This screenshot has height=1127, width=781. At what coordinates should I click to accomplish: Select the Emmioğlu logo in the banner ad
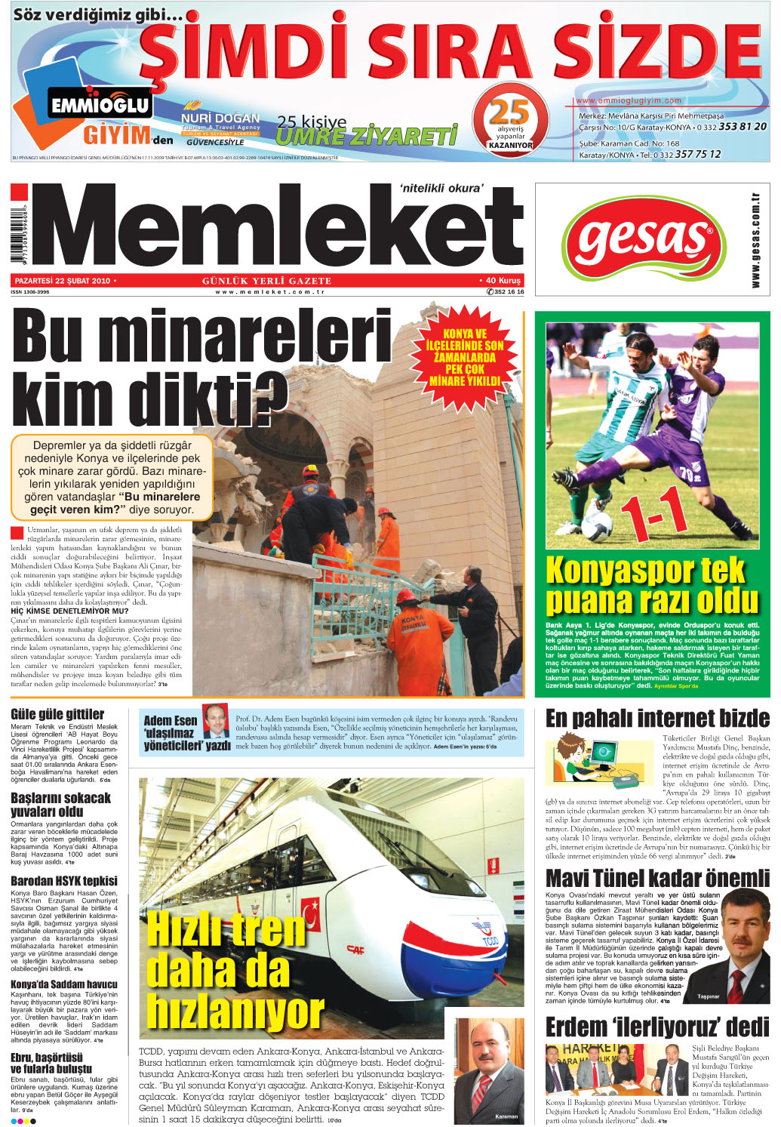(x=100, y=105)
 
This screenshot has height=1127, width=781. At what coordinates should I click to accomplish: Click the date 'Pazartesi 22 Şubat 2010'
(x=63, y=281)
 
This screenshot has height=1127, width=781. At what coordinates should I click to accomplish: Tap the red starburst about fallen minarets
(x=465, y=358)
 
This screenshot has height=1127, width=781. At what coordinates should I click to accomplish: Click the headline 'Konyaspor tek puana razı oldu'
(x=651, y=586)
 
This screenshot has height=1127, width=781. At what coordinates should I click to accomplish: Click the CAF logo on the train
(x=355, y=948)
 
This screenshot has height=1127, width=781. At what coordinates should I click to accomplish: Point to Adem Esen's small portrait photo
(x=216, y=722)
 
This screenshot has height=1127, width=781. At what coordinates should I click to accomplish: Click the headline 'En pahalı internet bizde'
(x=657, y=718)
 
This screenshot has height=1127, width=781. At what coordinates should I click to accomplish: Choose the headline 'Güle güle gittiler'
(x=57, y=714)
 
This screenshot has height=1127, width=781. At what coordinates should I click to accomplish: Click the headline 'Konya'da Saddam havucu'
(x=64, y=984)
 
